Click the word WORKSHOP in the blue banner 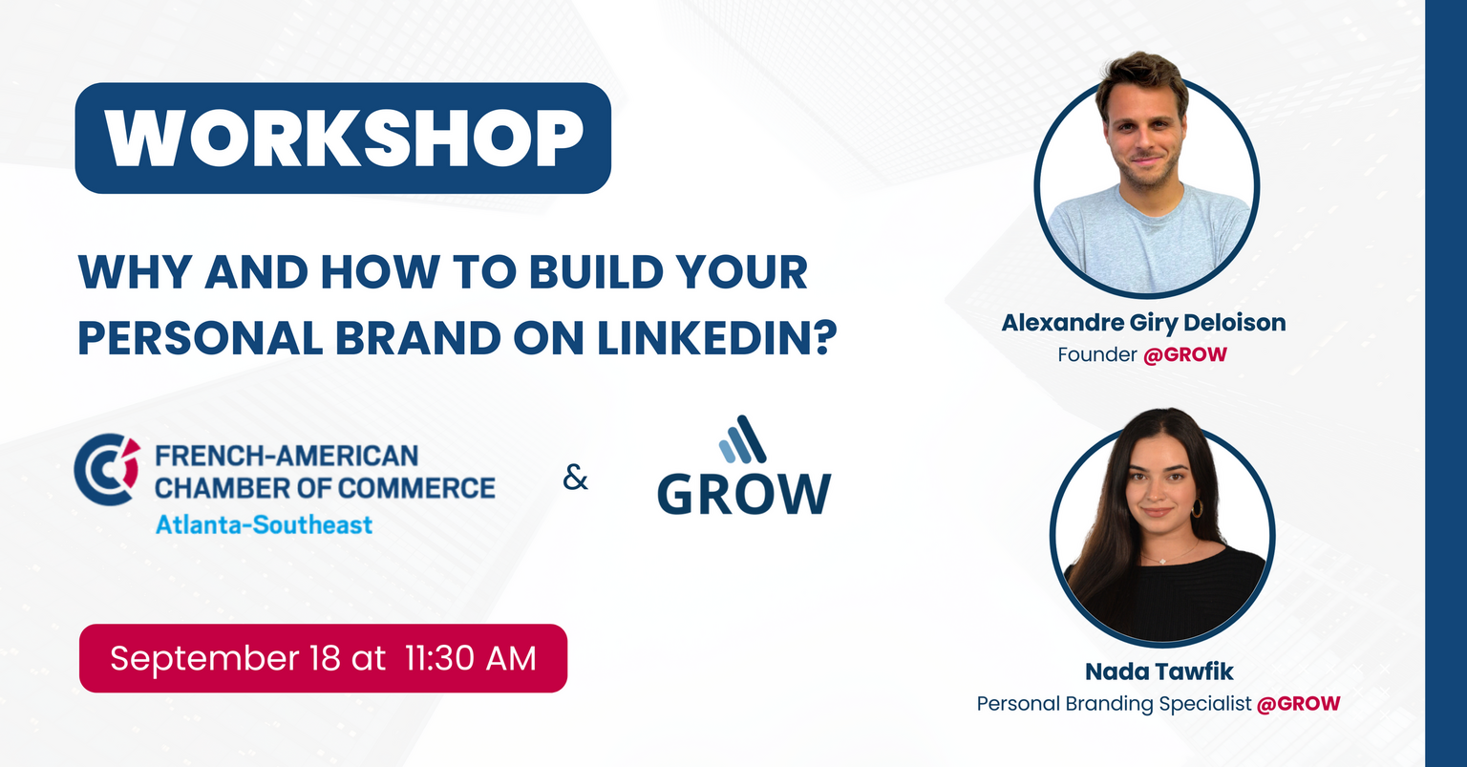343,138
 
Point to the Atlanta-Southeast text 264,524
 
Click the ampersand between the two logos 575,479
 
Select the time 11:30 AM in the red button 471,658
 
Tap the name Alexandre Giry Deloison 1143,323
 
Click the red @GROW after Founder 1185,355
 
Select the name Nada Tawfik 1159,671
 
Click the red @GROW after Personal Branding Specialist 1298,704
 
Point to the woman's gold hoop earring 1197,508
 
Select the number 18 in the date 325,658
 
